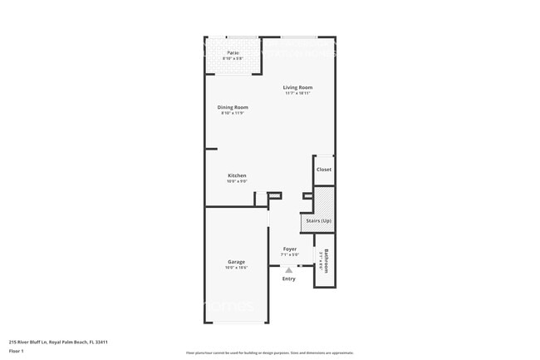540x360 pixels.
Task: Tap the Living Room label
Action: point(297,87)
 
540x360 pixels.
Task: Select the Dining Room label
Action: point(234,106)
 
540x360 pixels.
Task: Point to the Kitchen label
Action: point(237,175)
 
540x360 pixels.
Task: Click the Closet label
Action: point(323,170)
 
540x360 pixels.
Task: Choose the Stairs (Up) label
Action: point(319,222)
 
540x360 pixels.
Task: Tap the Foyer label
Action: point(289,249)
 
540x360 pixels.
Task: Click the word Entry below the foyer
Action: point(288,279)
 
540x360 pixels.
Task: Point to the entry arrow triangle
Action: point(288,269)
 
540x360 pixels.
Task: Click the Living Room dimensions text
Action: point(297,93)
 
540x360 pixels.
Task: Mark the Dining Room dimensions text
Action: point(234,112)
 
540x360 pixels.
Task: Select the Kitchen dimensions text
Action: point(237,181)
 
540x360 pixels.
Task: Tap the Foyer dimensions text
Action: point(289,254)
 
